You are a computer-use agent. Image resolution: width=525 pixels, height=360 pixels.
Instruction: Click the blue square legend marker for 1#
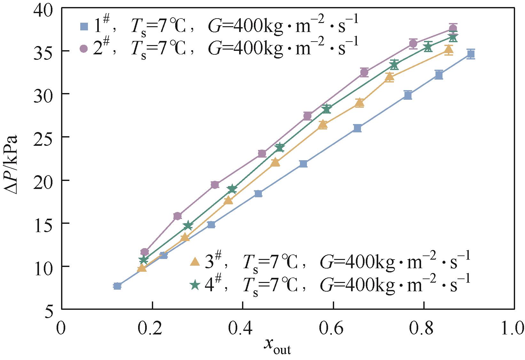[x=84, y=26]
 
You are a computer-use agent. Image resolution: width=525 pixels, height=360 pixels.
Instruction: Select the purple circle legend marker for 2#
[x=84, y=49]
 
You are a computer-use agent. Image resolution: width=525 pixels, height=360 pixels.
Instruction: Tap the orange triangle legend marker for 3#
[x=195, y=262]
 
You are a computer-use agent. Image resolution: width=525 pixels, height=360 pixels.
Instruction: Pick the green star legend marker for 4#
[x=195, y=284]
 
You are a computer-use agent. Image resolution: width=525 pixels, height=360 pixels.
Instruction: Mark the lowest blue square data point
[x=117, y=286]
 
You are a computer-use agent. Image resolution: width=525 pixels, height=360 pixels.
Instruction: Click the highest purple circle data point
[x=453, y=28]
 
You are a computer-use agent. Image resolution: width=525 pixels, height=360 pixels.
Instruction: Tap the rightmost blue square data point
[x=471, y=54]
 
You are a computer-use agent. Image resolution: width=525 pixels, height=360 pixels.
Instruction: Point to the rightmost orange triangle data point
[x=449, y=50]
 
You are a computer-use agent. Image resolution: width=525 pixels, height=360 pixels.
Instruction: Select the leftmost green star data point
[x=144, y=259]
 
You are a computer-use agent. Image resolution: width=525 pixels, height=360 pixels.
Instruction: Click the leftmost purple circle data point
[x=145, y=252]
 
